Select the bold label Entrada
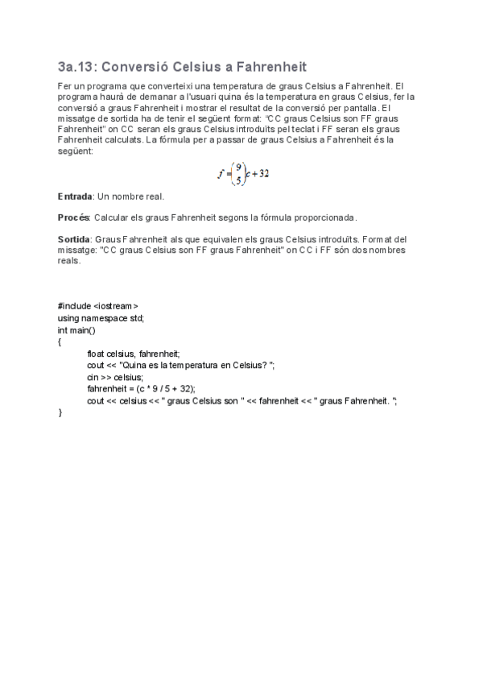76,197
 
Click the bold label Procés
74,217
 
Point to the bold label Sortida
75,239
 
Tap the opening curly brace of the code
60,341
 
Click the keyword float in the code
96,353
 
